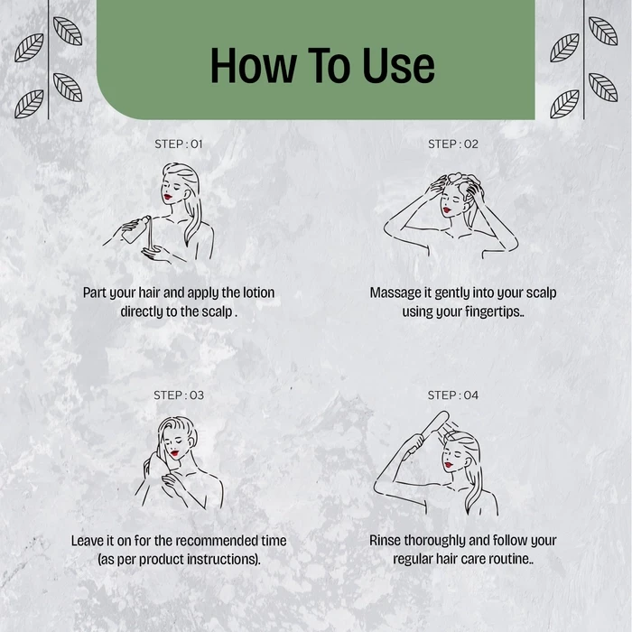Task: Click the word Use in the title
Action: tap(398, 66)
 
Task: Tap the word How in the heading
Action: tap(254, 66)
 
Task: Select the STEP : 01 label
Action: tap(179, 144)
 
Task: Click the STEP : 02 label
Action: tap(453, 144)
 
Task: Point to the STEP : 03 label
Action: tap(179, 395)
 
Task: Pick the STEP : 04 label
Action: tap(453, 395)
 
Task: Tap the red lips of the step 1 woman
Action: tap(168, 197)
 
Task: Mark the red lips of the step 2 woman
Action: tap(447, 210)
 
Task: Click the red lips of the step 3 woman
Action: tap(174, 453)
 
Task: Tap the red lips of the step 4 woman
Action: tap(448, 465)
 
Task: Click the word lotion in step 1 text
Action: tap(258, 293)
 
